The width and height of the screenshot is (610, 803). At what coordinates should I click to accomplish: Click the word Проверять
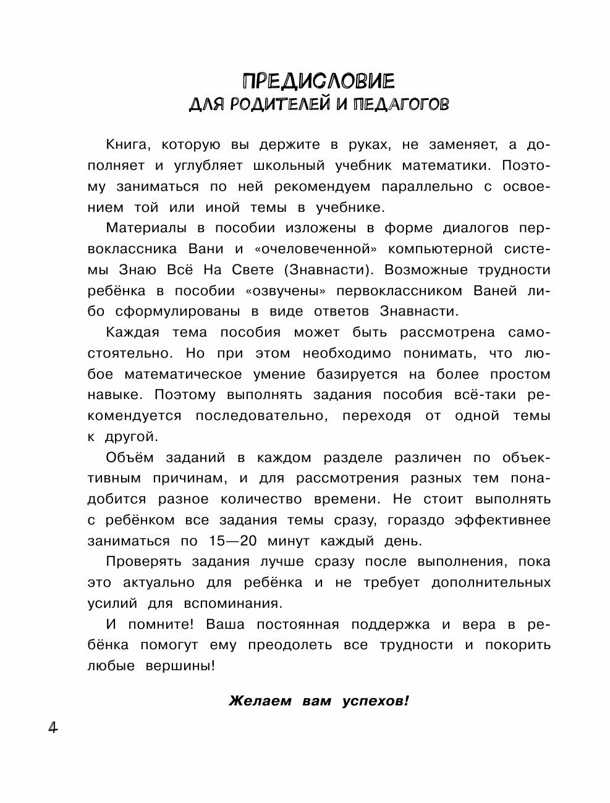(143, 562)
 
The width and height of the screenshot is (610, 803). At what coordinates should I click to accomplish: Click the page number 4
(52, 728)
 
